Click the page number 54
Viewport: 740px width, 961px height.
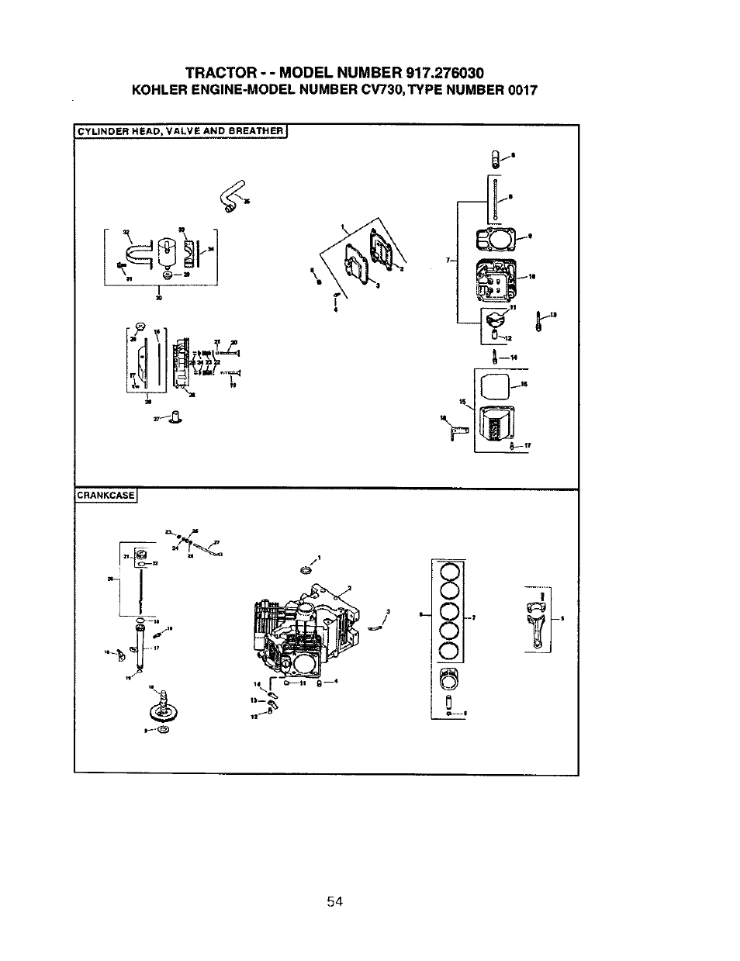click(334, 901)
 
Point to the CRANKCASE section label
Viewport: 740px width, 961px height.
click(105, 496)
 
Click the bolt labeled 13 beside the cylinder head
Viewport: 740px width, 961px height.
click(539, 320)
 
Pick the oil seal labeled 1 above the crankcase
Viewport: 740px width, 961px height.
click(305, 571)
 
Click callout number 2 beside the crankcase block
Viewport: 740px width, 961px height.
click(350, 587)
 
